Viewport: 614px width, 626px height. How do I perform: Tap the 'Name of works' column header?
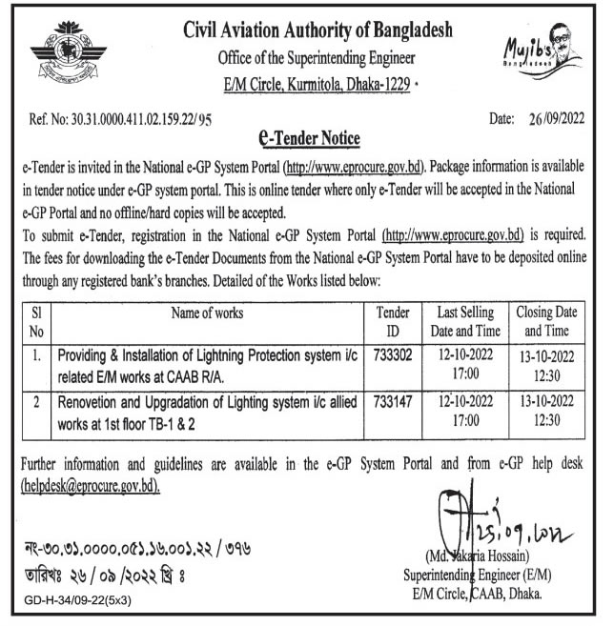click(207, 312)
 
